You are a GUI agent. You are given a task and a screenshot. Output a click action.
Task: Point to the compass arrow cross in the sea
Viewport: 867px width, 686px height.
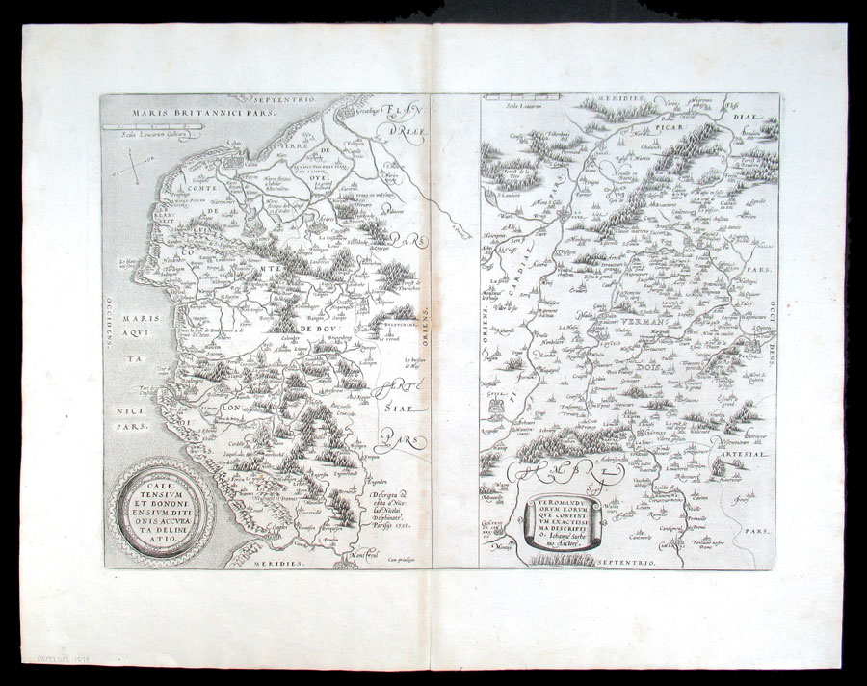coord(136,172)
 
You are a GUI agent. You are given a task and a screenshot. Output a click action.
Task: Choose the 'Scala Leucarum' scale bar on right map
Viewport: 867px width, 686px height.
coord(519,98)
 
